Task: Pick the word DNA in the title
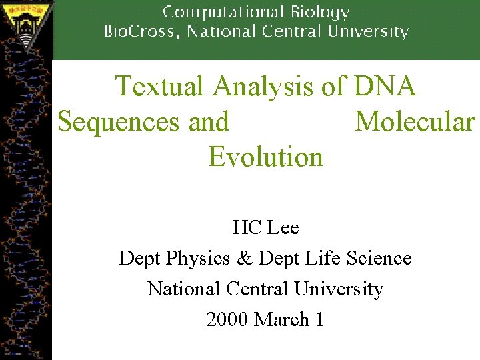tap(386, 86)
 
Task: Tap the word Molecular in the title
tap(415, 122)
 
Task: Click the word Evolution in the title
tap(265, 157)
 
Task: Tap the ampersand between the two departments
tap(243, 258)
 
